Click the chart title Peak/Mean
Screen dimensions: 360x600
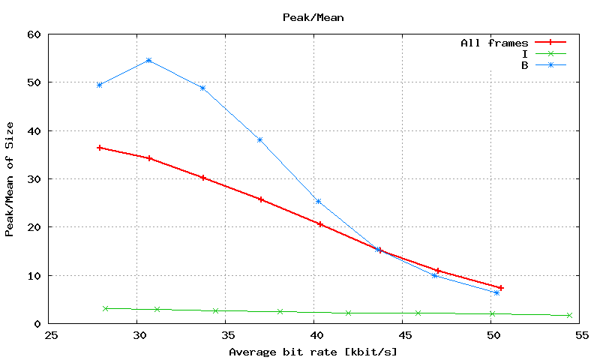click(313, 16)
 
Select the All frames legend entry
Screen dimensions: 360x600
click(494, 43)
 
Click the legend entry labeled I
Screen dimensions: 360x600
click(525, 54)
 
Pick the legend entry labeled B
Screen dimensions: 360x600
click(524, 65)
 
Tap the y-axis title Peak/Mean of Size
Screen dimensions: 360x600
click(10, 179)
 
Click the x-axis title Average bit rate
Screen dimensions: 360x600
click(313, 352)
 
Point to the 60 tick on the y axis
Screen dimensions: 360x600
click(34, 34)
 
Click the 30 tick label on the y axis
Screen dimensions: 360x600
click(34, 179)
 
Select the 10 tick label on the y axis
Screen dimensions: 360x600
click(34, 276)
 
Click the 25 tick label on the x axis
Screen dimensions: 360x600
click(49, 336)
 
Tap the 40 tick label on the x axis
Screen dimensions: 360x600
click(314, 336)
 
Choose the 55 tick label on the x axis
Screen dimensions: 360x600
click(580, 336)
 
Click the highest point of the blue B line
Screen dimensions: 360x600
click(148, 60)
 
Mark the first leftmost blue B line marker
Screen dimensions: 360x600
click(99, 85)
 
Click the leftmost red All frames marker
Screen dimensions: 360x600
click(99, 148)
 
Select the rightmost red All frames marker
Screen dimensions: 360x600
click(500, 288)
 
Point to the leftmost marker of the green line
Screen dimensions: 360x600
click(106, 308)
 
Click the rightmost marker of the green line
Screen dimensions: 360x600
click(569, 315)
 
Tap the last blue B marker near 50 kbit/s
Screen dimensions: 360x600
click(496, 292)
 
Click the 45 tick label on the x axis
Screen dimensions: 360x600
click(403, 336)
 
